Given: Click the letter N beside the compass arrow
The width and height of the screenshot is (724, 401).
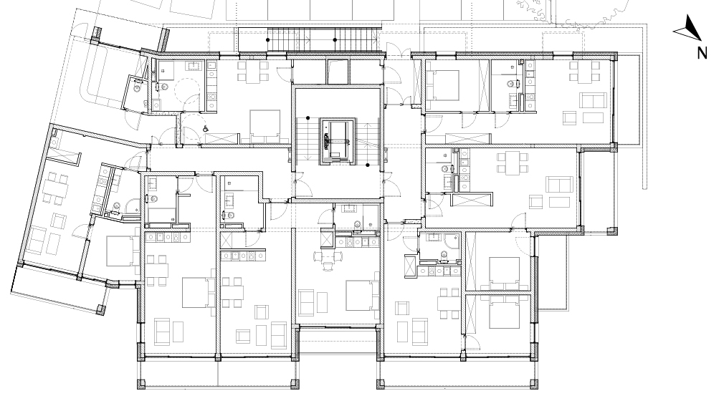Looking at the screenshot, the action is [x=702, y=53].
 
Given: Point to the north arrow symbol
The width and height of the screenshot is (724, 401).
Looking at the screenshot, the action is [x=688, y=28].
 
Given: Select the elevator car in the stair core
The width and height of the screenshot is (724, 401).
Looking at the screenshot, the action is [x=337, y=140].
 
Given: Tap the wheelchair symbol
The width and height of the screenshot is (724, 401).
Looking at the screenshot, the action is [x=205, y=129].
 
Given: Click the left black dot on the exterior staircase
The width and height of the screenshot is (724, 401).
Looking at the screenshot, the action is [x=268, y=40].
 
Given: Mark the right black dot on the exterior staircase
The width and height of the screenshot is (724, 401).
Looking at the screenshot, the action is [x=335, y=40].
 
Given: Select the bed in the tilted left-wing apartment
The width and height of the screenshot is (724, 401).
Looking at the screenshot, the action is [x=123, y=251].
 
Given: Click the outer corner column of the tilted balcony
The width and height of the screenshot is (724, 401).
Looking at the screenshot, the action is [x=101, y=310].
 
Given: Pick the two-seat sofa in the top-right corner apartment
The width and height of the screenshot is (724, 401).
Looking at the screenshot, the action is [x=594, y=100].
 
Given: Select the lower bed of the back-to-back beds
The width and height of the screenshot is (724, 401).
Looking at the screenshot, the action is [x=504, y=311].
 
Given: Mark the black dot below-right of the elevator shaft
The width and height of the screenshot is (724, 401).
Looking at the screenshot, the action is [x=368, y=165].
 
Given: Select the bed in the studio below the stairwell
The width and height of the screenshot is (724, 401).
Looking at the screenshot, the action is [x=362, y=295].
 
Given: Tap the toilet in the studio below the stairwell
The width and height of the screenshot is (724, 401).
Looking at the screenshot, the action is [x=357, y=225].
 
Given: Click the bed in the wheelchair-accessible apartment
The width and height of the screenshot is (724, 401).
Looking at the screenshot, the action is [x=265, y=125].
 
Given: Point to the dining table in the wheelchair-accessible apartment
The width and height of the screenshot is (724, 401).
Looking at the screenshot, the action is [x=253, y=72].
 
